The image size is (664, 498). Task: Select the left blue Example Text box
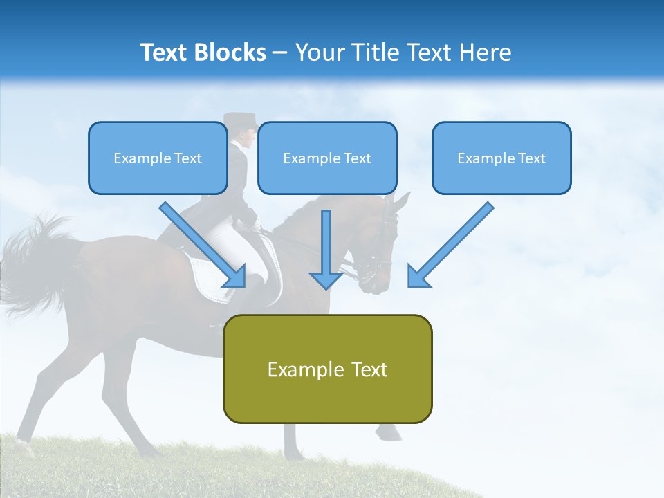click(158, 158)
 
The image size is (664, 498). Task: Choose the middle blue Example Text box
click(327, 158)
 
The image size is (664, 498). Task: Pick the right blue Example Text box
click(501, 158)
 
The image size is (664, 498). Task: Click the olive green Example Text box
click(327, 369)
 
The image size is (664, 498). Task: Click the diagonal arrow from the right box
click(450, 246)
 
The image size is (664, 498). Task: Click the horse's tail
click(35, 263)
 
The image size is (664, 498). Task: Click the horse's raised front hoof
click(389, 434)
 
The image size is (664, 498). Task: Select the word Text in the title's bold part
click(164, 53)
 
